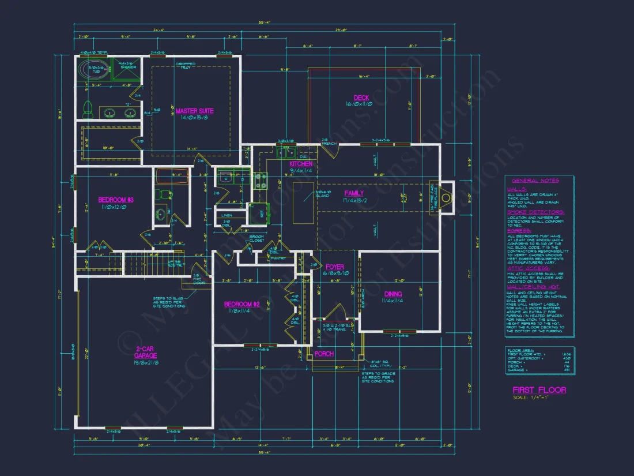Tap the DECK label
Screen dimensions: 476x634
361,98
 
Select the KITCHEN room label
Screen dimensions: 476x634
300,164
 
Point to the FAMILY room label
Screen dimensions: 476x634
354,193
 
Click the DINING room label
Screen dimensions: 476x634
393,294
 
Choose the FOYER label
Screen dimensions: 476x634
334,267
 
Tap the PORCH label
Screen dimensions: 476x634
324,354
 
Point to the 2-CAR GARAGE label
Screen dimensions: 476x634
146,353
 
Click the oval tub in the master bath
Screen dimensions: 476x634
93,70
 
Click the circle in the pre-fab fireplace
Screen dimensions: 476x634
447,193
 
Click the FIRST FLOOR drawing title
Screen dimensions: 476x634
539,390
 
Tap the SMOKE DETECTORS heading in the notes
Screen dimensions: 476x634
535,212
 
